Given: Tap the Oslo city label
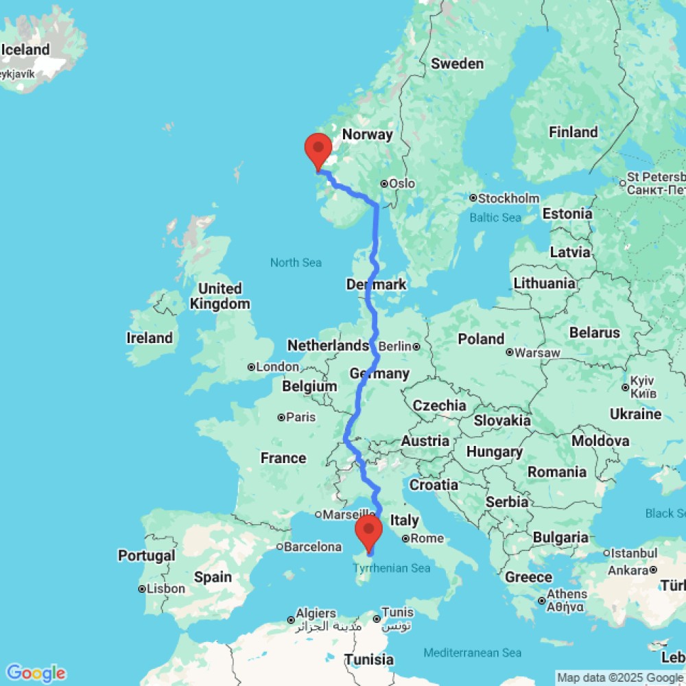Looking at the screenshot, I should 401,184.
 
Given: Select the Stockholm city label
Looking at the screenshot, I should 509,198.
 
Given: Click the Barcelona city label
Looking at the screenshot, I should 314,547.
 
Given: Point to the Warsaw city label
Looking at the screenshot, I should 536,353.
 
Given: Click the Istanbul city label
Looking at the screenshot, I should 629,553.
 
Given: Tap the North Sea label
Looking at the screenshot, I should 296,263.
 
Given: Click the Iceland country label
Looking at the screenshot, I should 25,49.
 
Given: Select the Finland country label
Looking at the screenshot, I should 573,132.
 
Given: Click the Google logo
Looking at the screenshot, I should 36,673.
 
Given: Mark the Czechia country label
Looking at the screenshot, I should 440,405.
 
